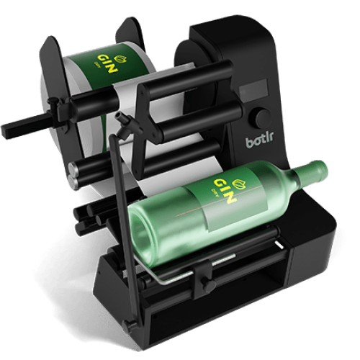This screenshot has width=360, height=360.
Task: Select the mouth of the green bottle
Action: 323,170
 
